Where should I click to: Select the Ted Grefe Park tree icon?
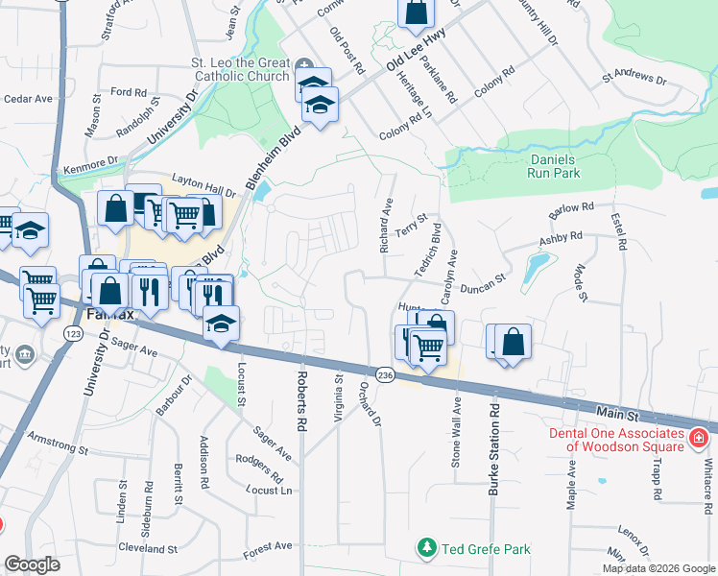(x=427, y=548)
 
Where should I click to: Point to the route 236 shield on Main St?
(x=386, y=373)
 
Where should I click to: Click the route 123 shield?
(x=72, y=332)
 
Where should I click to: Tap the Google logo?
(x=32, y=564)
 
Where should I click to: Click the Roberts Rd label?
(x=301, y=400)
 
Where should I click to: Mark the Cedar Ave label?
(x=28, y=98)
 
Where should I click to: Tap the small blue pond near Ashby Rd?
(x=536, y=262)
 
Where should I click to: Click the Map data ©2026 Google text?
(x=658, y=568)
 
